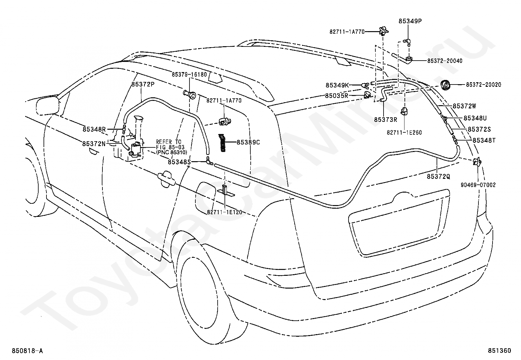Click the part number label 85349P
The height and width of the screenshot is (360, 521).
410,21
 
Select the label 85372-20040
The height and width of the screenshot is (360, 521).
445,61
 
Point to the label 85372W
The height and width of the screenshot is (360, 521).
464,106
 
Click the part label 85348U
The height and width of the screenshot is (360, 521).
475,118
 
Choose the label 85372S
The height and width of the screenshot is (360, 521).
479,129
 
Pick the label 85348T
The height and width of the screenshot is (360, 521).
484,141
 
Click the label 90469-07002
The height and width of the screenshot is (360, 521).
478,185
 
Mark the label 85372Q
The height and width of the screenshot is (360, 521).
439,177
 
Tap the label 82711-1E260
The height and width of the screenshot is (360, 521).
404,132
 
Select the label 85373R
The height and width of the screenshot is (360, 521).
386,120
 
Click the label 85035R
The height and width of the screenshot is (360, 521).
336,96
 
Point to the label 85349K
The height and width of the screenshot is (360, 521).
337,85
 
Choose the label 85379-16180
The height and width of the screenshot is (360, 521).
189,75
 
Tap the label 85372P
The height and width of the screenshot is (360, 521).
143,84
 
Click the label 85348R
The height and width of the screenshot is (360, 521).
94,129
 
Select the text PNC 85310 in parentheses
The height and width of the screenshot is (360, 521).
172,153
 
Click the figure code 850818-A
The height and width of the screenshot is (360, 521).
27,351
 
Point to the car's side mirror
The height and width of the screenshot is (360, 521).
48,105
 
